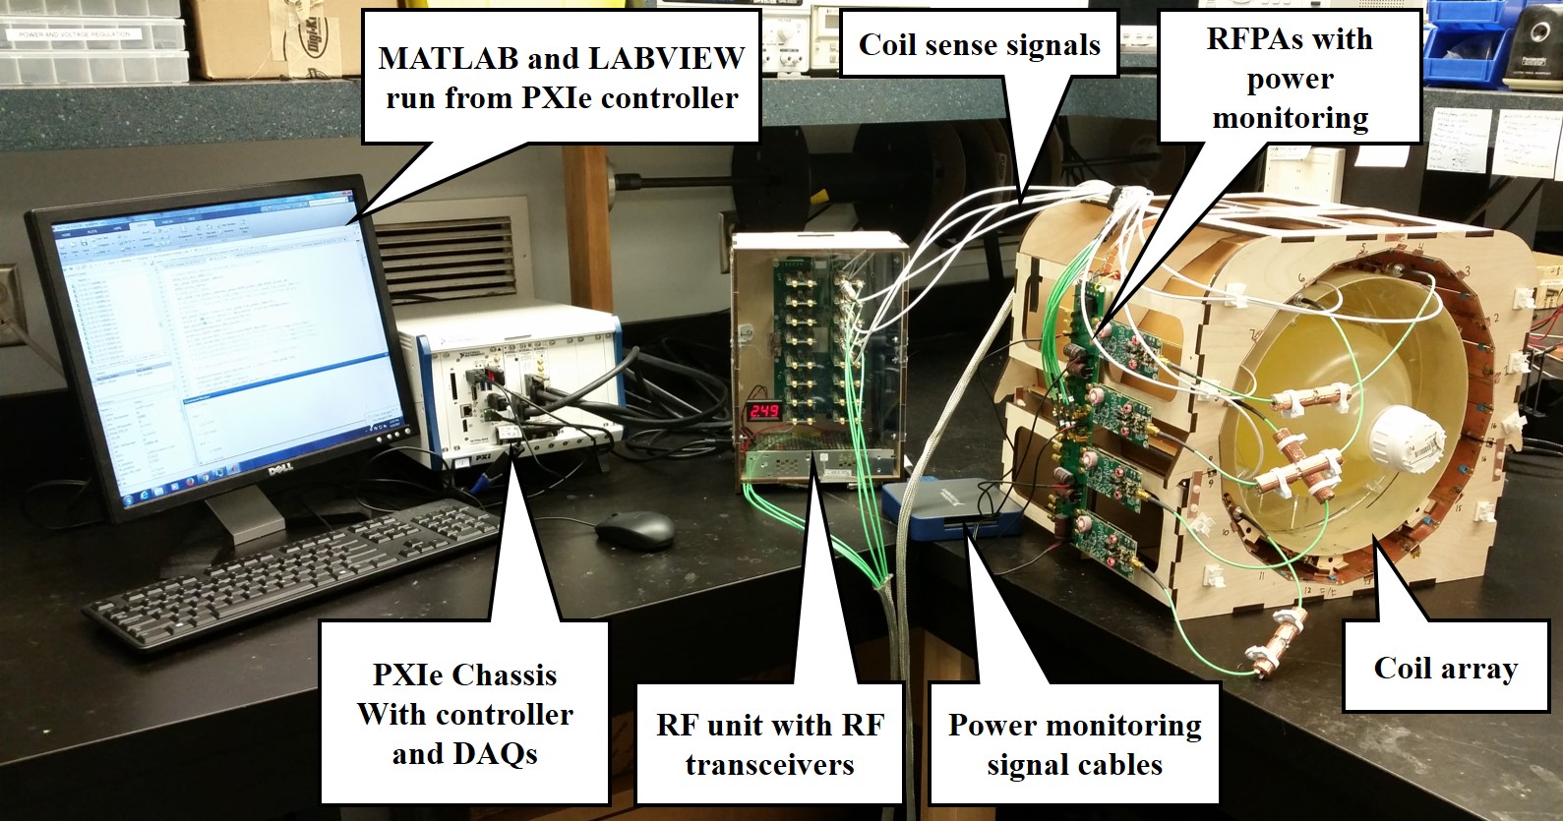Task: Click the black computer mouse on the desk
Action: [x=634, y=531]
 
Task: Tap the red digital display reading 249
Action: [x=764, y=410]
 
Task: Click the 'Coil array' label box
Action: [x=1445, y=669]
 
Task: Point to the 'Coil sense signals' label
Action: [x=979, y=44]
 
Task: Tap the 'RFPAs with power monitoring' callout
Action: [x=1290, y=79]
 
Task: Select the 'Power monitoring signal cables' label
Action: [x=1074, y=744]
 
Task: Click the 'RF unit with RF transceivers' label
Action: [x=769, y=744]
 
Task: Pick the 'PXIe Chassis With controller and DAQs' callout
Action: [x=464, y=715]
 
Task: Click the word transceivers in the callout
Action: [x=769, y=765]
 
